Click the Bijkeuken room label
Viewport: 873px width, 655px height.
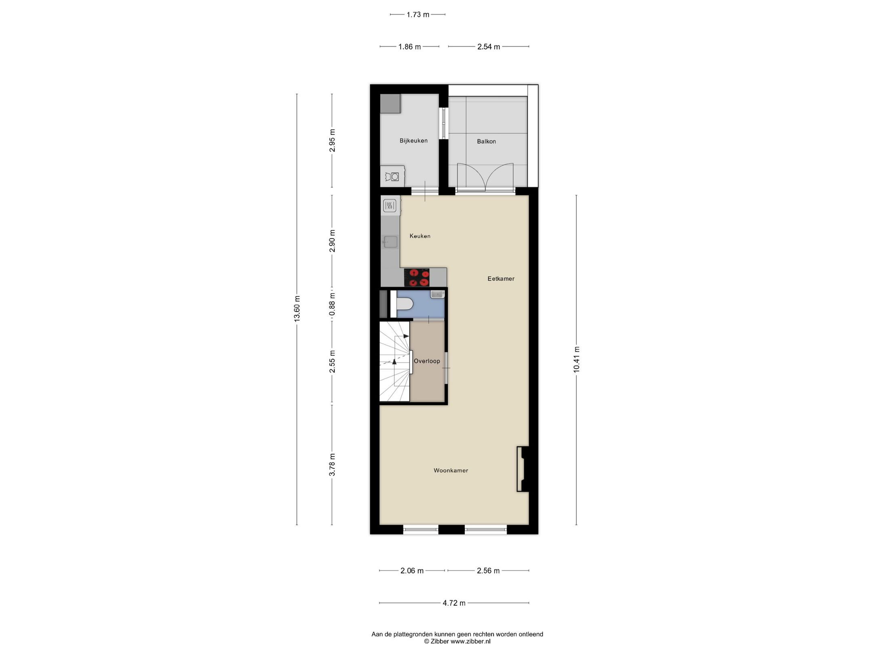tap(413, 141)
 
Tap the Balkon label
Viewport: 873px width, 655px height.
tap(486, 142)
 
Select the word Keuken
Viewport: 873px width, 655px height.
tap(420, 236)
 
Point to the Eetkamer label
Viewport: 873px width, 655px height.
tap(500, 279)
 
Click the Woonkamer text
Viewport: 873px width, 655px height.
tap(451, 470)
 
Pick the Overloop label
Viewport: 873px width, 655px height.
tap(426, 361)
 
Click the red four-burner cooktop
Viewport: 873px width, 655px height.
tap(416, 278)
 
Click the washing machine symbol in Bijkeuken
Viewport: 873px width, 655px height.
tap(392, 177)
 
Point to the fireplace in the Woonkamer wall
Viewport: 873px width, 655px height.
tap(522, 469)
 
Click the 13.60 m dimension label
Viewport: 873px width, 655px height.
tap(297, 309)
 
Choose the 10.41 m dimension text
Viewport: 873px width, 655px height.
tap(576, 359)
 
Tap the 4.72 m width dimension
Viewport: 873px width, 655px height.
tap(454, 603)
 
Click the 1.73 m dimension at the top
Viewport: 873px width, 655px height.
tap(418, 15)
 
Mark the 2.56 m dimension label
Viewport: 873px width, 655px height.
tap(488, 570)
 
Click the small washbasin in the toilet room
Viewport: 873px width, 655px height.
tap(437, 294)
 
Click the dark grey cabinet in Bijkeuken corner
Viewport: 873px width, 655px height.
tap(390, 104)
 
